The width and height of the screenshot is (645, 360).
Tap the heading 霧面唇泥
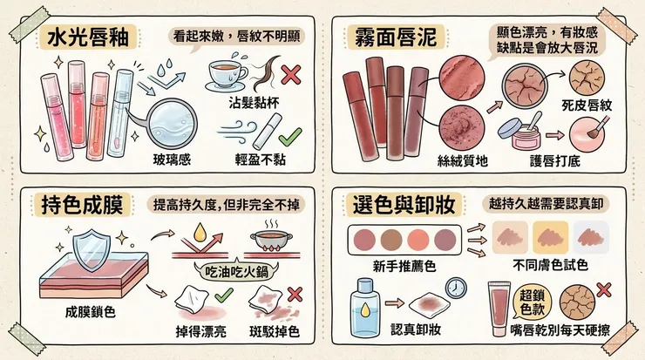pos(389,38)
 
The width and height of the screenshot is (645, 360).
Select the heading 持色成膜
pos(86,205)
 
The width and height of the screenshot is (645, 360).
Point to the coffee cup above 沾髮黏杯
pos(229,76)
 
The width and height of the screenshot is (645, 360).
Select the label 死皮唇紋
pos(587,105)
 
